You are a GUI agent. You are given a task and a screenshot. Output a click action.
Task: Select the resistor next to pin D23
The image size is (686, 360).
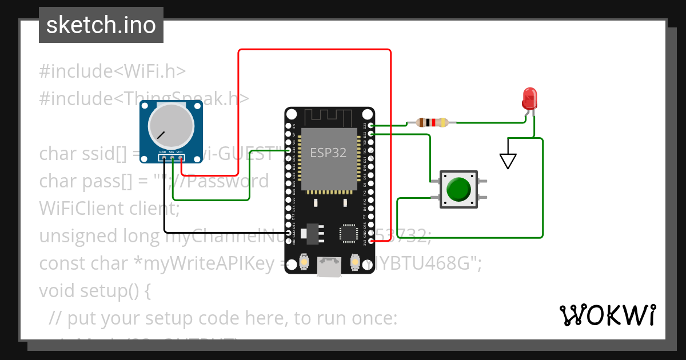point(432,122)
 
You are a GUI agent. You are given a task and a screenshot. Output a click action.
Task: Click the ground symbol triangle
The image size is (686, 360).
point(508,161)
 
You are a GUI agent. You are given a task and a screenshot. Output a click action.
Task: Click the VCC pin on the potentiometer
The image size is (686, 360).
point(181,158)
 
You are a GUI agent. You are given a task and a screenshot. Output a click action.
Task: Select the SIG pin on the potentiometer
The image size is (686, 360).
point(172,158)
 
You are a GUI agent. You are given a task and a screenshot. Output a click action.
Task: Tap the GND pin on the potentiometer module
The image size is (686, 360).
point(163,158)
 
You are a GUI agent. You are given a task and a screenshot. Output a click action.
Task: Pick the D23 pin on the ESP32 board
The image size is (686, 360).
point(372,125)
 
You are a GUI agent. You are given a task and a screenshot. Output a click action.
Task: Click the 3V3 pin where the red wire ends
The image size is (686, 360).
point(372,242)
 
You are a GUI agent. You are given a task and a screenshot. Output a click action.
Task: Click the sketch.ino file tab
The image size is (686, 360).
point(101,25)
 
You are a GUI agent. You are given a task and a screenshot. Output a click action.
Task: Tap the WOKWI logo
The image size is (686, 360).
point(607,315)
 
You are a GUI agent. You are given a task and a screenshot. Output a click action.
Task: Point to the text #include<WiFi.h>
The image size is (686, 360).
point(113,71)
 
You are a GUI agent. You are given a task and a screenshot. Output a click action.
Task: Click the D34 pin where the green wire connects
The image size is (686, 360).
point(288,150)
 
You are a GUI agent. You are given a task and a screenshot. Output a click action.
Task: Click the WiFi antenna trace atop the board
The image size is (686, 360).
point(330,117)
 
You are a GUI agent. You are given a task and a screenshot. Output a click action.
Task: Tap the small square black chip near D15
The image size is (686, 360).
point(348,233)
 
